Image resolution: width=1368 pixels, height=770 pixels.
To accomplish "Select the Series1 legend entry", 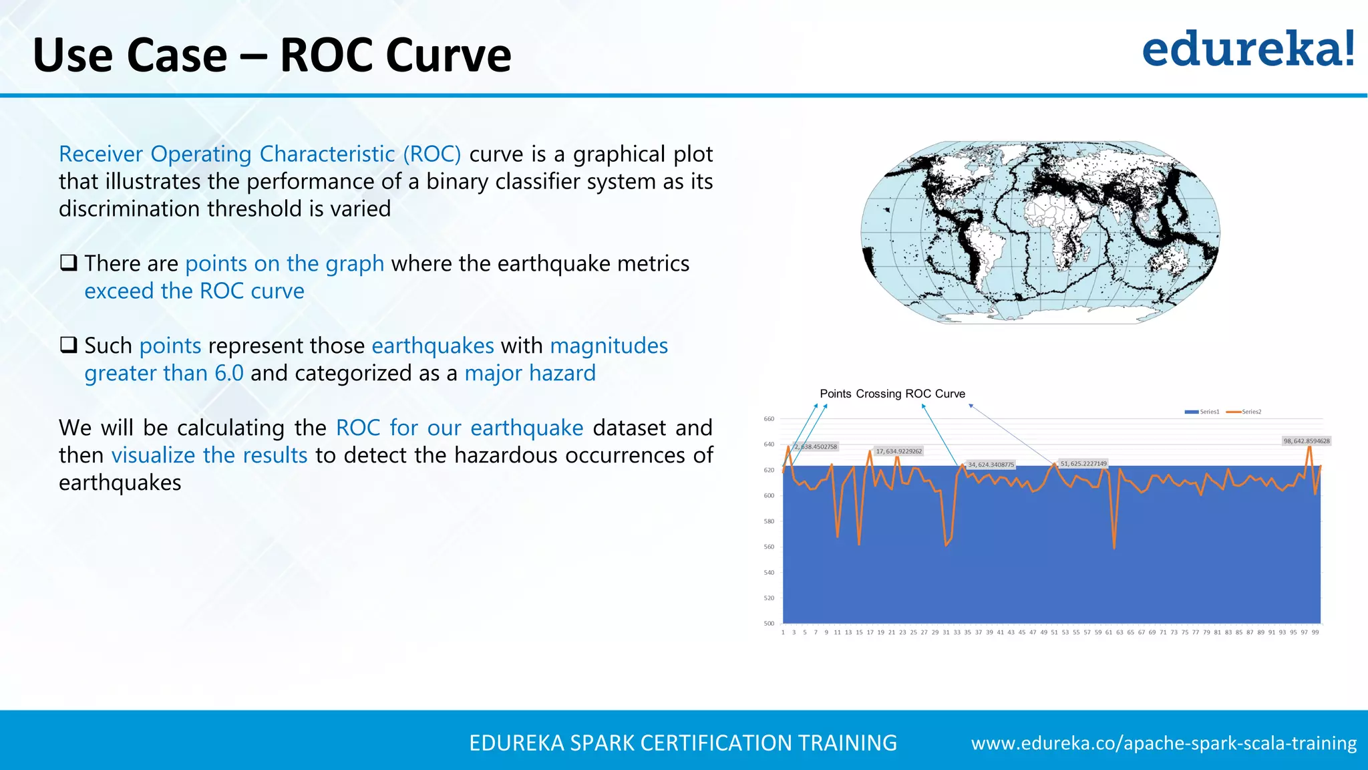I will [x=1203, y=412].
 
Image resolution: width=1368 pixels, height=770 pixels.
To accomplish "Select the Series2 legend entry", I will [x=1244, y=412].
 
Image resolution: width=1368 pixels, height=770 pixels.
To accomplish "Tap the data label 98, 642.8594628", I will [x=1306, y=441].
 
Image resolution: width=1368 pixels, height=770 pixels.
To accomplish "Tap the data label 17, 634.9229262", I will [x=898, y=451].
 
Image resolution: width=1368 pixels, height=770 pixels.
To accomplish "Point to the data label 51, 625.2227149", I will [x=1083, y=463].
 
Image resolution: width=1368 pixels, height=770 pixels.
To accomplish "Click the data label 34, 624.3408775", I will [x=991, y=465].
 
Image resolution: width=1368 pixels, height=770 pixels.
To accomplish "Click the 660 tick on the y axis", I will [x=769, y=419].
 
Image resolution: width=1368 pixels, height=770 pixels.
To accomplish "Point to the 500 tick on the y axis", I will [x=769, y=624].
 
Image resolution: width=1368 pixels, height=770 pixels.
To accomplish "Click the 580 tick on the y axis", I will [x=769, y=521].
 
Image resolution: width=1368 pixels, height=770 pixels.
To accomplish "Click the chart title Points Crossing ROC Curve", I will [x=892, y=394].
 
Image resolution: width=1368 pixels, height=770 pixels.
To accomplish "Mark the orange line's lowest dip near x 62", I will [x=1114, y=548].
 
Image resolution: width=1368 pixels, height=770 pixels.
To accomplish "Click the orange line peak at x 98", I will [x=1310, y=446].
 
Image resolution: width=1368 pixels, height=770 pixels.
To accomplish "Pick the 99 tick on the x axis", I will [x=1315, y=632].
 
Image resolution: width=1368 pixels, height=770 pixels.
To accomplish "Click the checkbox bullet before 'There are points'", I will [x=68, y=263].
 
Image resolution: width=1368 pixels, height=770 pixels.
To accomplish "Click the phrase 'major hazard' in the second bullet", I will [x=530, y=373].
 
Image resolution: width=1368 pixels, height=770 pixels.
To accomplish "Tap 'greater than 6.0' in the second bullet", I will [x=164, y=373].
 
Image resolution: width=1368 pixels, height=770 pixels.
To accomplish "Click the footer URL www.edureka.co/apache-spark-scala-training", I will [x=1164, y=743].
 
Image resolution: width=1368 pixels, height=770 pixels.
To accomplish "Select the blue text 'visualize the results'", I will [x=209, y=455].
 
